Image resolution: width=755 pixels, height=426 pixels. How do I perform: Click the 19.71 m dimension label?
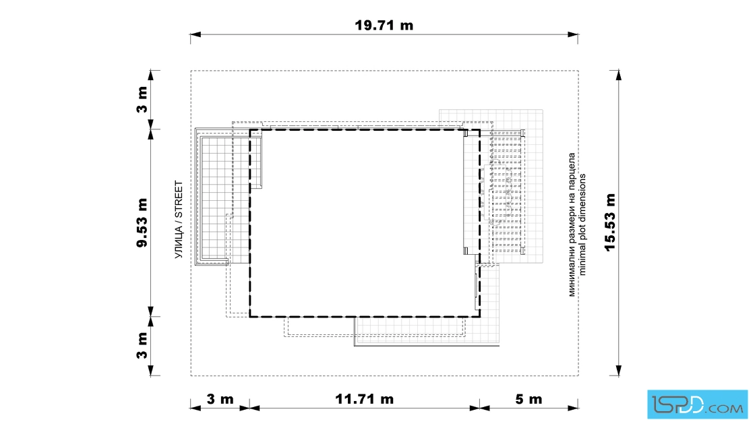(384, 25)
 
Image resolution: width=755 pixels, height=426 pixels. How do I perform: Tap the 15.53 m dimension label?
(610, 222)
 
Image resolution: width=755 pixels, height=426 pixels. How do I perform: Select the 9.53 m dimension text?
(142, 222)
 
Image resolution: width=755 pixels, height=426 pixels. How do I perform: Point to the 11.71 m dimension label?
(365, 399)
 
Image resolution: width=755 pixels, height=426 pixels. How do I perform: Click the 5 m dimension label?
(528, 399)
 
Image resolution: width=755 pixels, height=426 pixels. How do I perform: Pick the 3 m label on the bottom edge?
(220, 399)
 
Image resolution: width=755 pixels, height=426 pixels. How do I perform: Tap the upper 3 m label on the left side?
(142, 100)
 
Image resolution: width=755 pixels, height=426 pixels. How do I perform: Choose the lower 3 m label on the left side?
(142, 346)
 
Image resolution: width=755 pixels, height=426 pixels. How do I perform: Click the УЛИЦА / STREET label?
(179, 220)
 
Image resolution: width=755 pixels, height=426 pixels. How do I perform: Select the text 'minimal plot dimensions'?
(582, 224)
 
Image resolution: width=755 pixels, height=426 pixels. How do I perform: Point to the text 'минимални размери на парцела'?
(572, 224)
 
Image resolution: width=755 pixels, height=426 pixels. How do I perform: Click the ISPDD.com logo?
(697, 404)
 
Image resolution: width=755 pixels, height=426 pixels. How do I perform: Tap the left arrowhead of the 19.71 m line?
(195, 34)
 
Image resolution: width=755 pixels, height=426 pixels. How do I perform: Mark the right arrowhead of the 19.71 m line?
(573, 34)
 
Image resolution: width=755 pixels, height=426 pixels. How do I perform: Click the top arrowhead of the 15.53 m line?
(618, 75)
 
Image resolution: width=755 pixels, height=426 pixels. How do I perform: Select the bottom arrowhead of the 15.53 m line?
(618, 370)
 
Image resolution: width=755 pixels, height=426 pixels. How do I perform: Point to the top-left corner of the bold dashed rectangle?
(250, 129)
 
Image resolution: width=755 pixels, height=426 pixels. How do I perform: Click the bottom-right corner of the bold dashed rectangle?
(479, 317)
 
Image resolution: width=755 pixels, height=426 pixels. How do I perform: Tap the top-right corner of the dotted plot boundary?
(578, 71)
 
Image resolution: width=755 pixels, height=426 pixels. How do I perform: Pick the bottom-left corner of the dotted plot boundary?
(191, 375)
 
